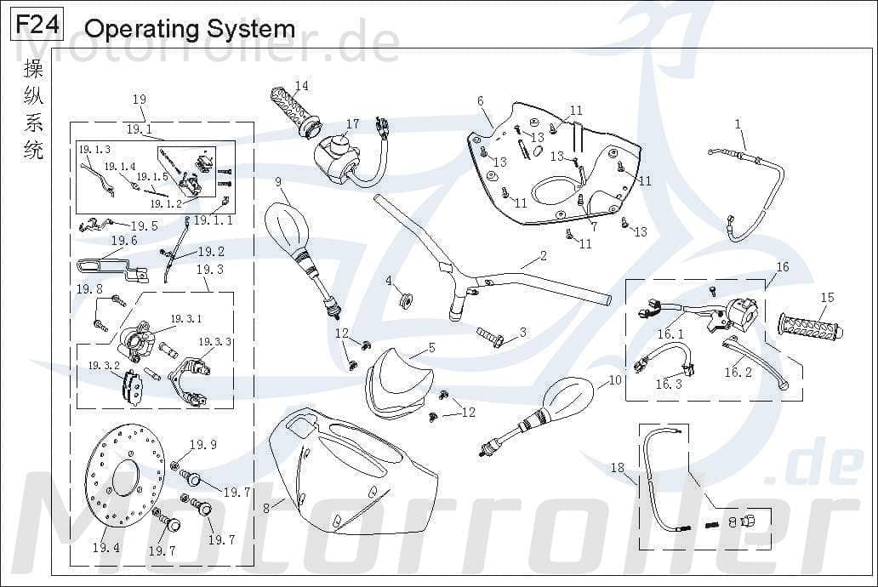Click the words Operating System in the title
190,29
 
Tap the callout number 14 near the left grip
302,86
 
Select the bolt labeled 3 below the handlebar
491,337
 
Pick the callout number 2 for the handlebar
543,255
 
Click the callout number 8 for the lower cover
266,509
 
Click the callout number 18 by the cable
618,467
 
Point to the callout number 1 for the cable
738,124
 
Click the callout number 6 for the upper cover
481,101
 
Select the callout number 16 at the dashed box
782,267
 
